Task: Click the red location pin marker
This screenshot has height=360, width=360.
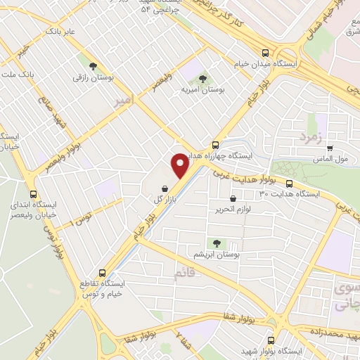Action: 181,165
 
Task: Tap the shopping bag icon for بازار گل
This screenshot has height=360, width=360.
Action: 164,188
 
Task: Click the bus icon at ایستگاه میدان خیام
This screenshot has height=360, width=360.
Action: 265,53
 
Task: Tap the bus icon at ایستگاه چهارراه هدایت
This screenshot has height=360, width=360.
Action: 216,145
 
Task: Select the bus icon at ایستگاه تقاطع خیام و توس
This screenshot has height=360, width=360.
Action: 103,272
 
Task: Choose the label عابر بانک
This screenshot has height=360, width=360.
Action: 60,32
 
